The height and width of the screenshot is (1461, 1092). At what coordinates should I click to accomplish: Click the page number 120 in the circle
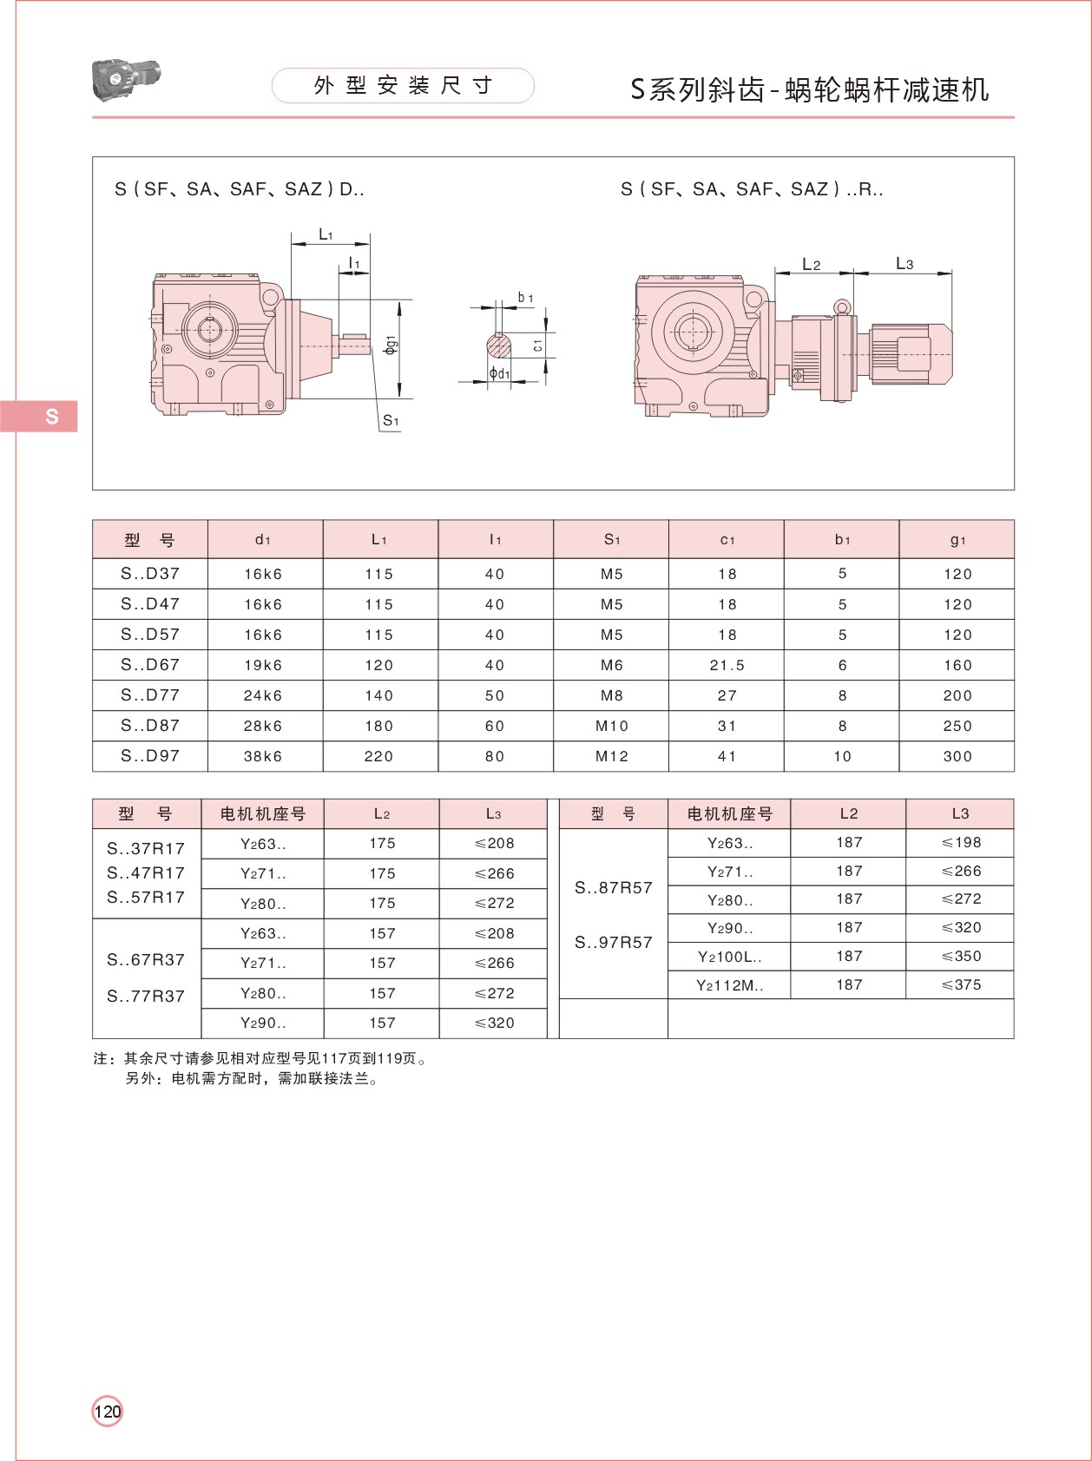pos(108,1411)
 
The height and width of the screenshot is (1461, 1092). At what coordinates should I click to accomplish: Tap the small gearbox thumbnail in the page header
pos(126,79)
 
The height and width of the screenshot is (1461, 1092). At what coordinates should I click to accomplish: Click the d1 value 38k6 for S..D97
pos(263,756)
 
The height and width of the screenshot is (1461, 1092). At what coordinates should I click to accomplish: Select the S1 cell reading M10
pos(611,726)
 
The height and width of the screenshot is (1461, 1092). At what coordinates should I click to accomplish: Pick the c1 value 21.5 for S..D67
pos(727,665)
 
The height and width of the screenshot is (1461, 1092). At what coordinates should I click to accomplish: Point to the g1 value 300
pos(957,756)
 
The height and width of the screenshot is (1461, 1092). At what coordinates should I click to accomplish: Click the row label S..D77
pos(150,695)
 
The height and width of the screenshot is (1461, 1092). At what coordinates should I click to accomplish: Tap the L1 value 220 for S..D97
pos(378,756)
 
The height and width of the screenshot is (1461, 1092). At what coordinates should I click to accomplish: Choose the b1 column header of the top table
pos(842,539)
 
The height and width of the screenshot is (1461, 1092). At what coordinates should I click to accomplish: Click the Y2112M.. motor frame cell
pos(729,985)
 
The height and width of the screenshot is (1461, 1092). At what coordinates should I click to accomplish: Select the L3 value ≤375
pos(961,984)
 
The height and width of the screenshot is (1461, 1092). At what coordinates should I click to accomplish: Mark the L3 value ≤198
pos(961,842)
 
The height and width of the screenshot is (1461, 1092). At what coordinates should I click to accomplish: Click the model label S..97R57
pos(613,942)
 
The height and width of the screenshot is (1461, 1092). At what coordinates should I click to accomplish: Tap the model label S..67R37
pos(146,959)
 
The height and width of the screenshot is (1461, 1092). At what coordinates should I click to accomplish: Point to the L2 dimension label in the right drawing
pos(812,264)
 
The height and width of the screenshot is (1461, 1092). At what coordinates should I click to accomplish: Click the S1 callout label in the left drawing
pos(391,421)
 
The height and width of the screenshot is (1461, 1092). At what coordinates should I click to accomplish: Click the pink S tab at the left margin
pos(40,416)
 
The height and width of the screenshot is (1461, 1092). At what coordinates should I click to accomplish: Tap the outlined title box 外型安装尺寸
pos(403,85)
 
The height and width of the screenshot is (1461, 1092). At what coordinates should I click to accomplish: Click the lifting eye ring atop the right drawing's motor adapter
pos(841,306)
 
